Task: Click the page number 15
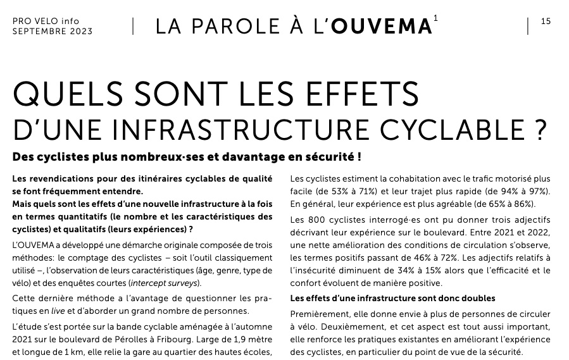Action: click(x=546, y=22)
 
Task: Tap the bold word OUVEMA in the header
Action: click(x=382, y=27)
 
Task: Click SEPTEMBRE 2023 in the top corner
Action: click(x=52, y=31)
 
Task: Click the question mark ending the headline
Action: click(x=539, y=128)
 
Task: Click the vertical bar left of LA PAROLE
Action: click(x=133, y=26)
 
